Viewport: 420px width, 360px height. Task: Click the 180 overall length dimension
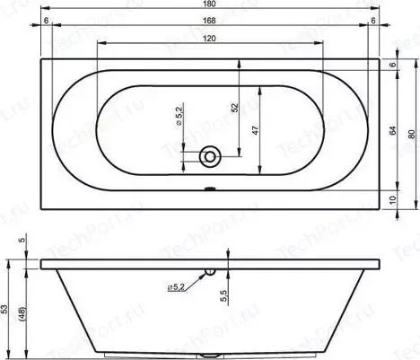(x=209, y=4)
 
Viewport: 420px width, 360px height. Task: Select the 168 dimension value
(x=209, y=21)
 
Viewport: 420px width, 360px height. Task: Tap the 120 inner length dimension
(x=209, y=39)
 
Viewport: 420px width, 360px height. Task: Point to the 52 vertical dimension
(x=235, y=108)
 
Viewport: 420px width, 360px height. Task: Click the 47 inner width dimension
(x=255, y=130)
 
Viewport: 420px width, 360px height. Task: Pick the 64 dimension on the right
(x=393, y=130)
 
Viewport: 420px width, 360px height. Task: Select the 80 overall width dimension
(x=412, y=134)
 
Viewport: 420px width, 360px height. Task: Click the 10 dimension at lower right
(x=393, y=199)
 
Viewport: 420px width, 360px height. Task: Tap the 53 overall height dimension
(x=4, y=309)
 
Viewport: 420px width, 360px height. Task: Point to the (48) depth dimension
(x=23, y=314)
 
